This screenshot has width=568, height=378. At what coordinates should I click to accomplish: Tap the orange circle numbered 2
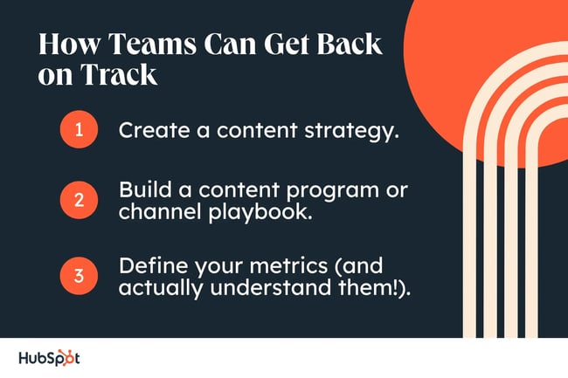click(78, 200)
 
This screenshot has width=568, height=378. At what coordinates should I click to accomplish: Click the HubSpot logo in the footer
click(49, 358)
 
